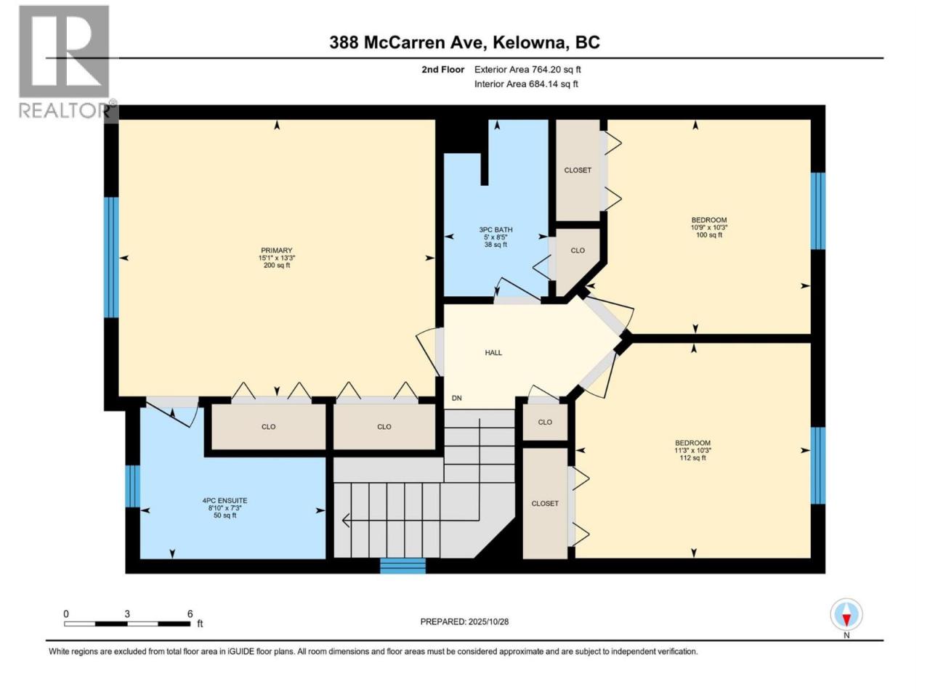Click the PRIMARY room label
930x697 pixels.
coord(276,250)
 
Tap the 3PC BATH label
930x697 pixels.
coord(496,229)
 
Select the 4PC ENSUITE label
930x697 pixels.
coord(225,500)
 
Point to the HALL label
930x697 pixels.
coord(493,353)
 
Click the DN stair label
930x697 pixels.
coord(456,398)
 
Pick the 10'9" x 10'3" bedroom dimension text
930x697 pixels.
coord(709,227)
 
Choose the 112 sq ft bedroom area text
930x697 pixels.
coord(693,458)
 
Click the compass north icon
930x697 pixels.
coord(846,614)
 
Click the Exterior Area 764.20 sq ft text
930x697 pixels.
coord(527,70)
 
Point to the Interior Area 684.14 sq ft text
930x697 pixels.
coord(526,83)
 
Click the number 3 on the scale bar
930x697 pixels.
coord(126,614)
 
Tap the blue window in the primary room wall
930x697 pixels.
coord(111,257)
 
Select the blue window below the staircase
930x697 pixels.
coord(403,566)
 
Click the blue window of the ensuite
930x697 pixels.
coord(133,486)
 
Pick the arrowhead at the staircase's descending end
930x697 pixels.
coord(345,520)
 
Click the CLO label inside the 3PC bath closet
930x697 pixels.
coord(578,250)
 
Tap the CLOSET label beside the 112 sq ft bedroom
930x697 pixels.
coord(545,504)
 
